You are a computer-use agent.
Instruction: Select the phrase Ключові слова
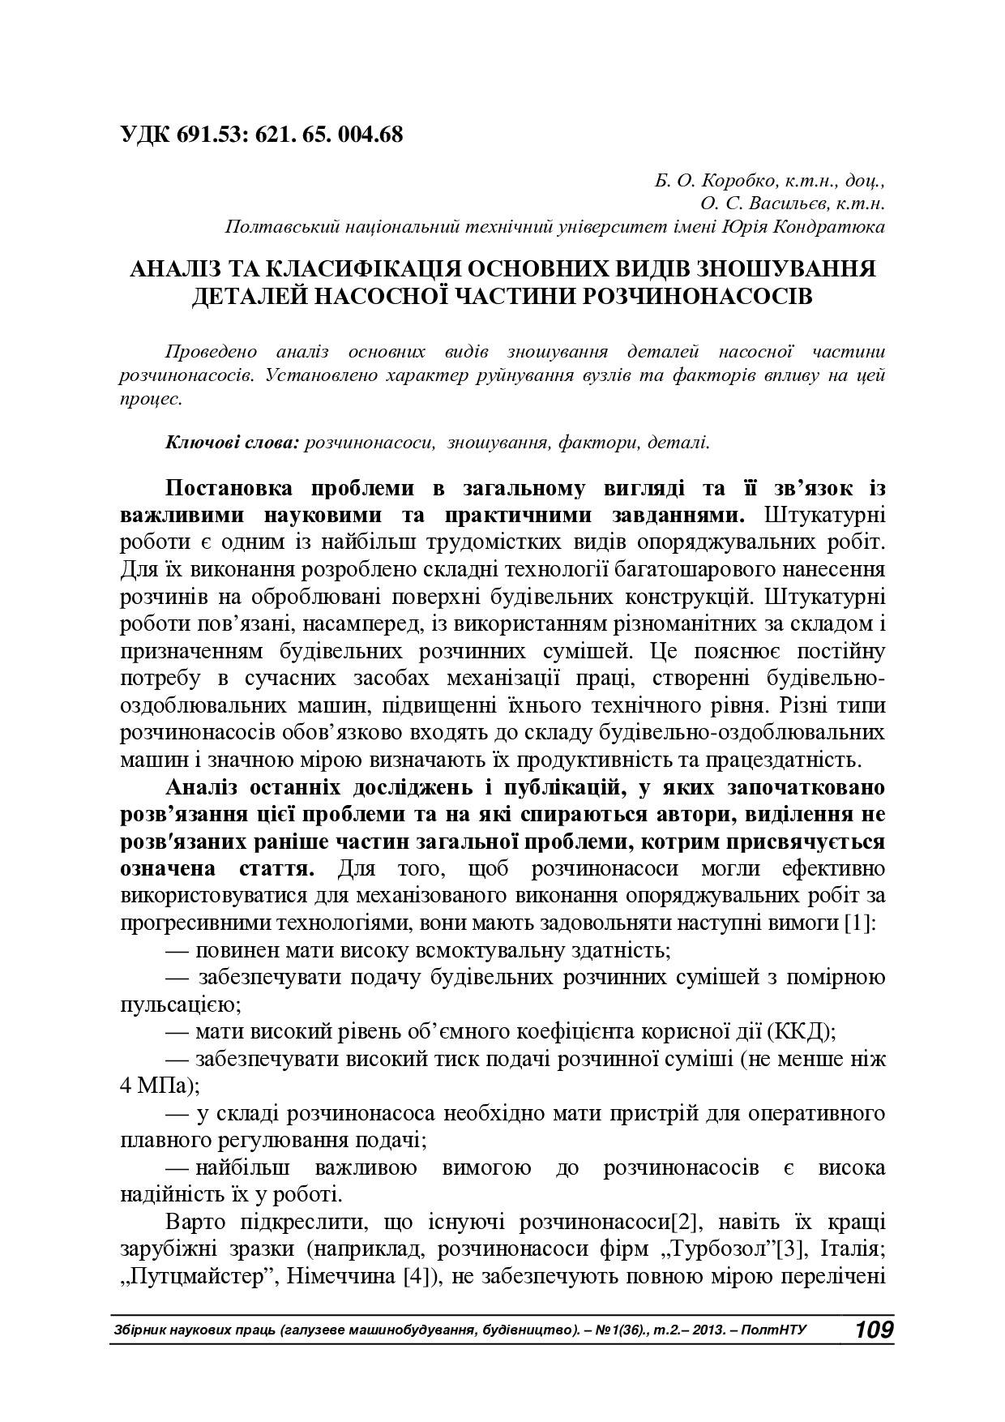[233, 443]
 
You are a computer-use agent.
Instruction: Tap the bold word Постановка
[232, 489]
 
